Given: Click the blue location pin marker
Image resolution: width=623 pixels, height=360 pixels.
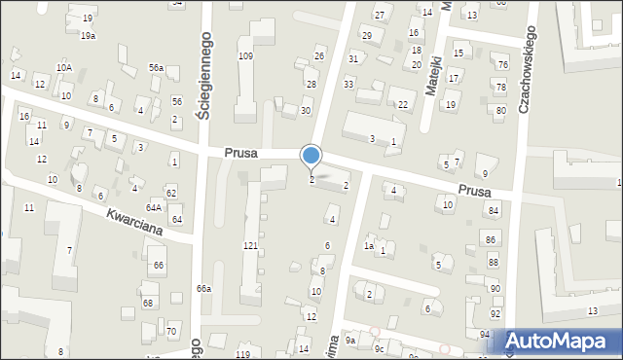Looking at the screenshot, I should tap(311, 156).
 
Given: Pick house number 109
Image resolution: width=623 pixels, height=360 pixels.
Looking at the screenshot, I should tap(245, 56).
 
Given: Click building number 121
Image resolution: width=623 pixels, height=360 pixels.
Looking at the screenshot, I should tap(250, 246).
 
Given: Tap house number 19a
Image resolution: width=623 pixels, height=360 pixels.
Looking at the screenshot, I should tap(88, 36).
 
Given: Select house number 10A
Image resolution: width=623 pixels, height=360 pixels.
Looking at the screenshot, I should tap(63, 67).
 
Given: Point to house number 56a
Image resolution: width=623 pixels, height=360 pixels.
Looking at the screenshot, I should tap(156, 67).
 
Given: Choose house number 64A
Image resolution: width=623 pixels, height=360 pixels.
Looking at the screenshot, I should tap(154, 207).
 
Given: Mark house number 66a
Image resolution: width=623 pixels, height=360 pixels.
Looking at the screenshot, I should tap(203, 289).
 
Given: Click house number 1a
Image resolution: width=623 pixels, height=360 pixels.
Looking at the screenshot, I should tap(369, 246).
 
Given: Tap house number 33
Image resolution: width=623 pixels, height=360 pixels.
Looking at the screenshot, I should tap(348, 85).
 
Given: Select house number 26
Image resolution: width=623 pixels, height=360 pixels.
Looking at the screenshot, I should tap(319, 55).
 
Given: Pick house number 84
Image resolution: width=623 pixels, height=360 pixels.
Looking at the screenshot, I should tap(494, 211).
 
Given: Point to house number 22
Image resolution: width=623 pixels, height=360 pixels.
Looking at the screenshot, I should tap(402, 105).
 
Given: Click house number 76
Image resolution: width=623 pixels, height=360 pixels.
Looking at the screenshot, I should tap(502, 65).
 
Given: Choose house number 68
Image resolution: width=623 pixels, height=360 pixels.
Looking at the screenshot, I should tap(148, 303).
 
